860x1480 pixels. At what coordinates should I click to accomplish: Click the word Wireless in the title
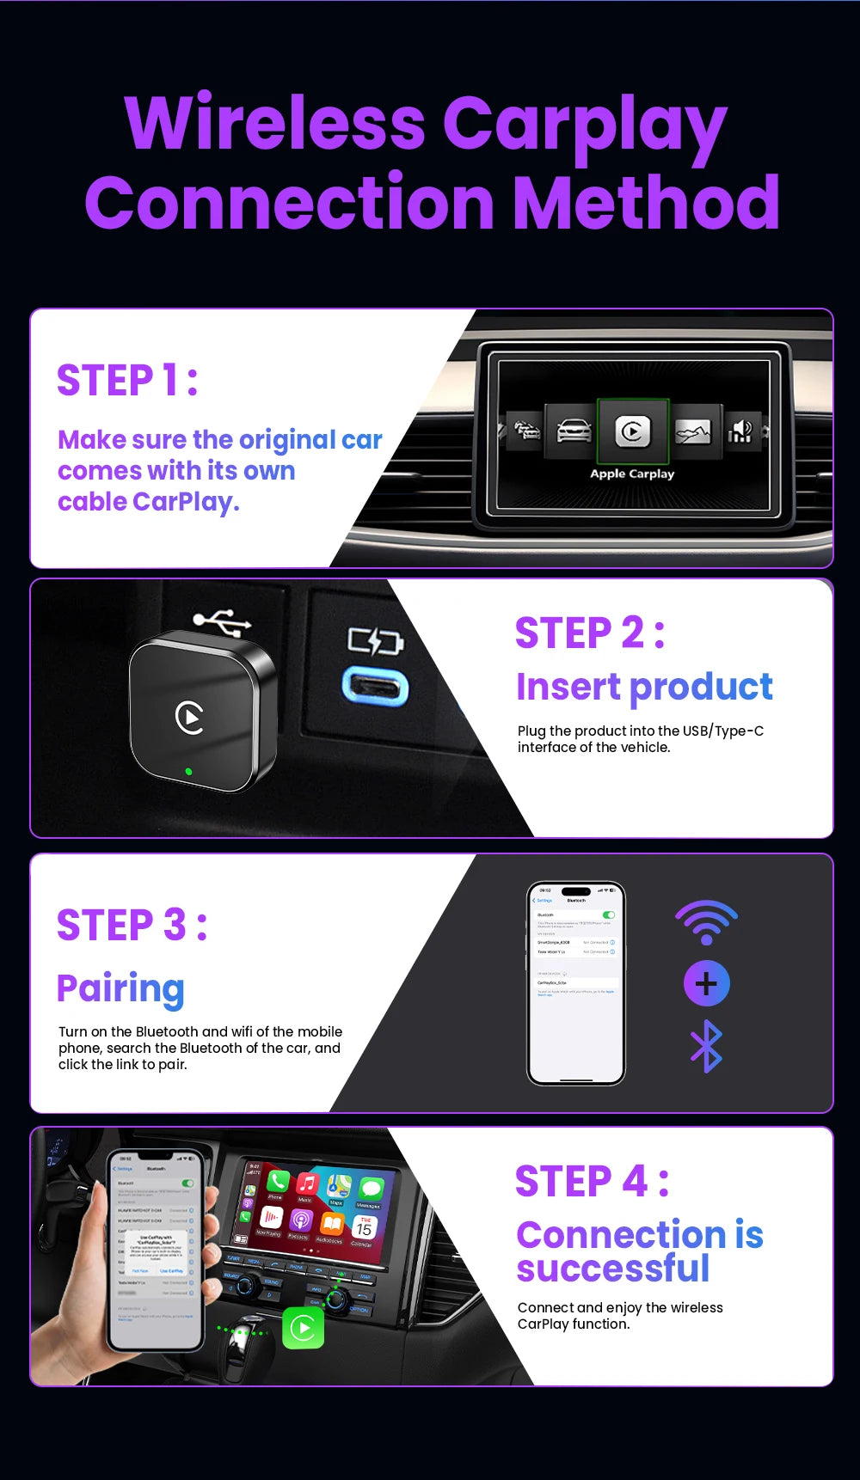click(274, 124)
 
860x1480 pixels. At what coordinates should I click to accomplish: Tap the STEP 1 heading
click(127, 380)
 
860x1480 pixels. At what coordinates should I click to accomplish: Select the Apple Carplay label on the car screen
click(632, 474)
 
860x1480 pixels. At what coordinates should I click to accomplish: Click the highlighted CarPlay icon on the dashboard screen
click(633, 431)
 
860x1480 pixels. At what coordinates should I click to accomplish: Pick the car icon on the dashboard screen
click(574, 430)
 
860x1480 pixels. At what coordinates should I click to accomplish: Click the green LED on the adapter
click(189, 771)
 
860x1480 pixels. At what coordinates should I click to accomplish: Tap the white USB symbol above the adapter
click(222, 620)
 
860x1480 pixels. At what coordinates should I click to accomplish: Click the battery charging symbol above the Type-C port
click(375, 641)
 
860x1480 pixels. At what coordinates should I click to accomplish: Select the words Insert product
click(644, 687)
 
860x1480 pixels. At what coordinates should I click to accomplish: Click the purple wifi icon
click(706, 923)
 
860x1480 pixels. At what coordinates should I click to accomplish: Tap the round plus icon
click(706, 983)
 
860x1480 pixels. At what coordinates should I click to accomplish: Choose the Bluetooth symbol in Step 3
click(706, 1046)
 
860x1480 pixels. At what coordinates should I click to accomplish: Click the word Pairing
click(120, 989)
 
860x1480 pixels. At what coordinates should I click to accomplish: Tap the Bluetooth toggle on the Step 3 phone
click(609, 914)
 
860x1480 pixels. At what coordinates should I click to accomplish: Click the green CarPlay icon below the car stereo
click(303, 1328)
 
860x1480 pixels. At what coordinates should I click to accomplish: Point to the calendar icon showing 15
click(364, 1227)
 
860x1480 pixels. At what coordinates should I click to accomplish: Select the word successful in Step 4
click(613, 1269)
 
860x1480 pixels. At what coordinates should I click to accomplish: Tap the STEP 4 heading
click(592, 1181)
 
